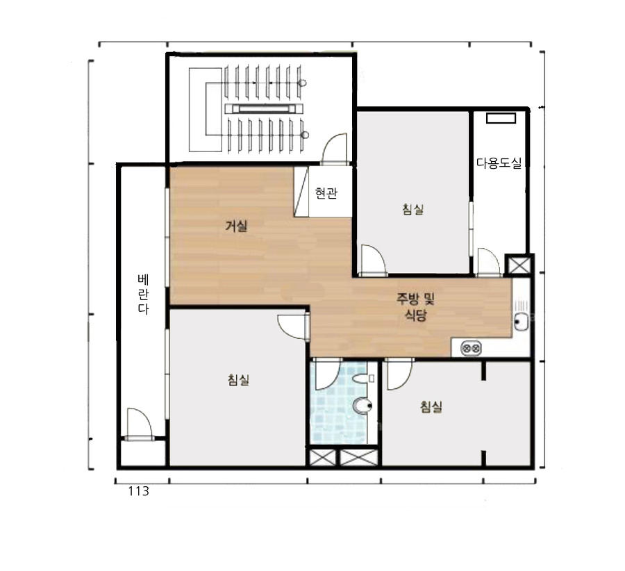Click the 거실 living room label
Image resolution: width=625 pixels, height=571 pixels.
(x=236, y=226)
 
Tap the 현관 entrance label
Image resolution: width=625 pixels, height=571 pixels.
(x=326, y=193)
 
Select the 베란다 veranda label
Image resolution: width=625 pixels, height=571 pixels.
(x=143, y=295)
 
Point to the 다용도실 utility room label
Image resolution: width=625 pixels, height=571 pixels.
(x=499, y=163)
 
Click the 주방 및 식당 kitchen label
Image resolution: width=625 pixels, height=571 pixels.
(x=415, y=306)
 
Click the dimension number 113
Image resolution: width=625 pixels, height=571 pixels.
(x=138, y=491)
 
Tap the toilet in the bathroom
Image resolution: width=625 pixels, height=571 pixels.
(x=362, y=406)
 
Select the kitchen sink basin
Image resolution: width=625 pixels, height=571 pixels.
(x=522, y=322)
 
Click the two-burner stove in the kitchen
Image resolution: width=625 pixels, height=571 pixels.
(x=471, y=349)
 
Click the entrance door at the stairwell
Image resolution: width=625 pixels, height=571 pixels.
(x=335, y=149)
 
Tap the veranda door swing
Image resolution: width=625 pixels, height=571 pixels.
(x=139, y=424)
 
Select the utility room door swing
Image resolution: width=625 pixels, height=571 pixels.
(x=489, y=262)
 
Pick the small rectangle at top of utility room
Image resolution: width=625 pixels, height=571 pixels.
(x=501, y=118)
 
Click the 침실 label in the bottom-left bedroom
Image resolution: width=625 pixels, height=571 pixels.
(x=238, y=379)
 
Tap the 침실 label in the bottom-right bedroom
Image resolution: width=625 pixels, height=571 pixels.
(x=431, y=407)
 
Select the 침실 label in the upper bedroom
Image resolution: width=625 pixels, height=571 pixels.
(x=413, y=209)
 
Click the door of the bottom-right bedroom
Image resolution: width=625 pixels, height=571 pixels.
(x=399, y=375)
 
